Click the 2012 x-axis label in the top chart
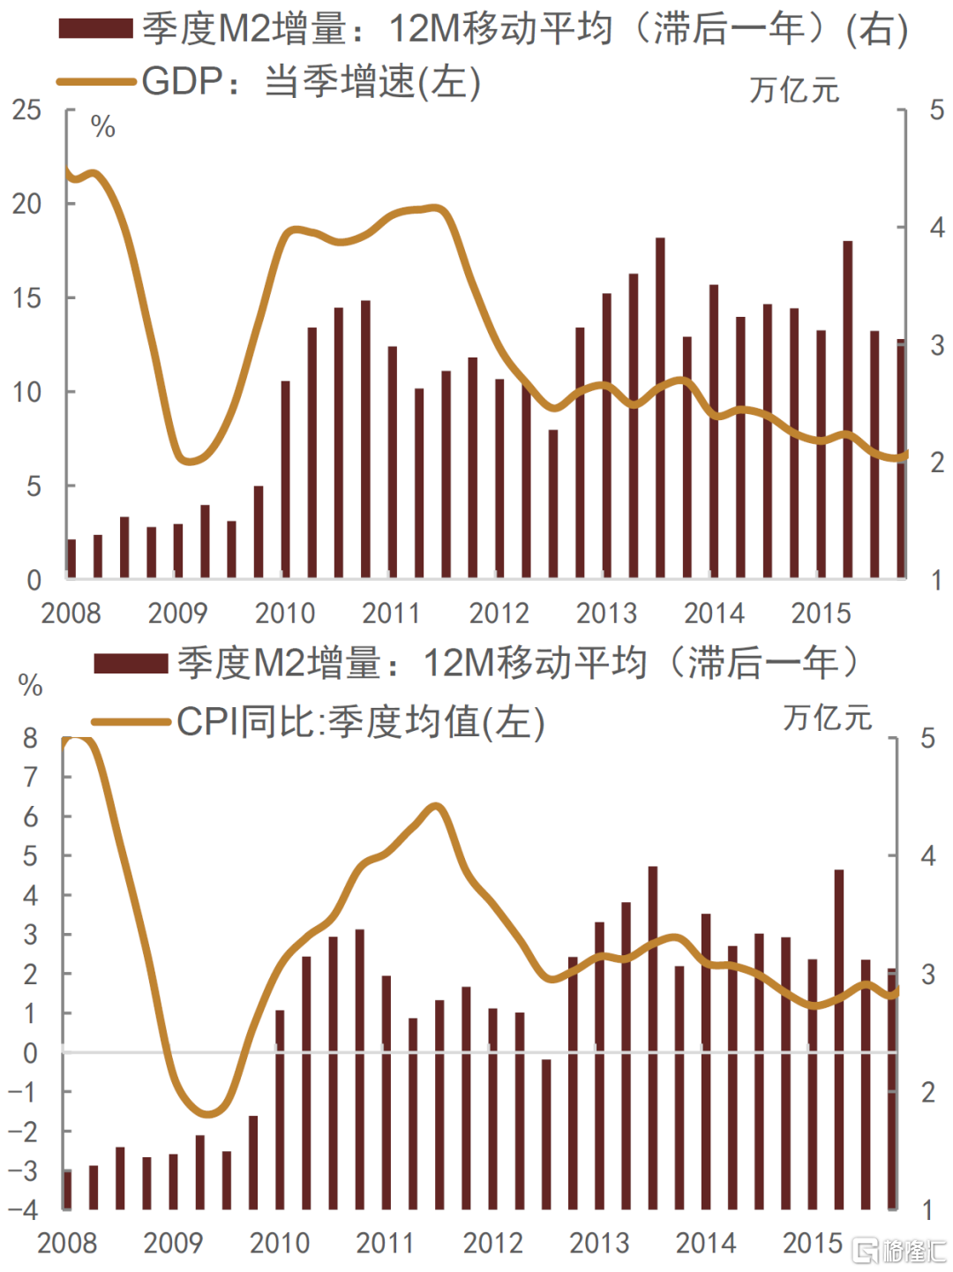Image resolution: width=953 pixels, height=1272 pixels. point(499,613)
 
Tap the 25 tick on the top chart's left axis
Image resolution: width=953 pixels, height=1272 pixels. point(27,110)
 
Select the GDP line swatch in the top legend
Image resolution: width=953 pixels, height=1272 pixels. point(95,82)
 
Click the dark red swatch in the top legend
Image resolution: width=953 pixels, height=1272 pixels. point(95,29)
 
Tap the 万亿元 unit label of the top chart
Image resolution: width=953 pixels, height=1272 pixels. point(794,90)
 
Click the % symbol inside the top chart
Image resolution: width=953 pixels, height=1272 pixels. point(103,127)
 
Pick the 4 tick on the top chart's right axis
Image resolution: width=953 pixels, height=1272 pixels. point(937,228)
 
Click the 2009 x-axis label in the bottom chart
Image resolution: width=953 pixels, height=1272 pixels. point(173,1243)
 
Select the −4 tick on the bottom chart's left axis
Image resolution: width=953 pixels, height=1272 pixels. point(24,1209)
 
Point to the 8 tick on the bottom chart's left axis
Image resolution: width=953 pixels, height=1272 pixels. point(31,738)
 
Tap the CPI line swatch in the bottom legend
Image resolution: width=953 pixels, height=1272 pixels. point(131,722)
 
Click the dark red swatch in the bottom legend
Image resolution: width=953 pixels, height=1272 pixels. point(131,663)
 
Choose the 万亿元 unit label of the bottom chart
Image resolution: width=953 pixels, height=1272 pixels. point(827,718)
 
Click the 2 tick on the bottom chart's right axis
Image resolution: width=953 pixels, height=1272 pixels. point(927,1092)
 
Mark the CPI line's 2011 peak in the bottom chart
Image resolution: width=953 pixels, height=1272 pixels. point(435,806)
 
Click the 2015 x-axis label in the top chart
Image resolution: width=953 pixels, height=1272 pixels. point(821,613)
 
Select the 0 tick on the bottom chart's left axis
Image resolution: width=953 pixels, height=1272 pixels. point(31,1052)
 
